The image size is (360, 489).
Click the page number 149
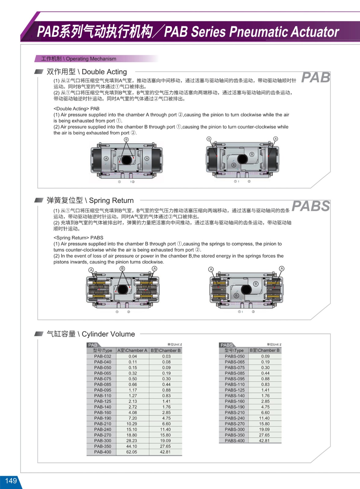[x=11, y=481]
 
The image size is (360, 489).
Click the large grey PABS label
[x=311, y=206]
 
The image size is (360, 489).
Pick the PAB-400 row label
[x=103, y=452]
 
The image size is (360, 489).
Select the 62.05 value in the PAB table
[x=132, y=452]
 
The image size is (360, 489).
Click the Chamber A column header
[x=132, y=351]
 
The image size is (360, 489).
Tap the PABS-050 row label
[x=235, y=356]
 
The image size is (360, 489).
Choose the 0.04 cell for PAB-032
[x=133, y=356]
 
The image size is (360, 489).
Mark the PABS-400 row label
[x=235, y=441]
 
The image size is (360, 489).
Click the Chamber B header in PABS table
[x=265, y=351]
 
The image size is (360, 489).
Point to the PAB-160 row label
[x=103, y=413]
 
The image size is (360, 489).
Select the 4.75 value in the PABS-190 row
[x=265, y=407]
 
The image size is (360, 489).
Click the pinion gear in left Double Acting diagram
[x=127, y=160]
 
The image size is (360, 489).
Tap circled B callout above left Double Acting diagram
[x=126, y=140]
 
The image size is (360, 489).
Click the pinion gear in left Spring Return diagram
[x=123, y=289]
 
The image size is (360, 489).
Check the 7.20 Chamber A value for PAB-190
[x=133, y=418]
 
